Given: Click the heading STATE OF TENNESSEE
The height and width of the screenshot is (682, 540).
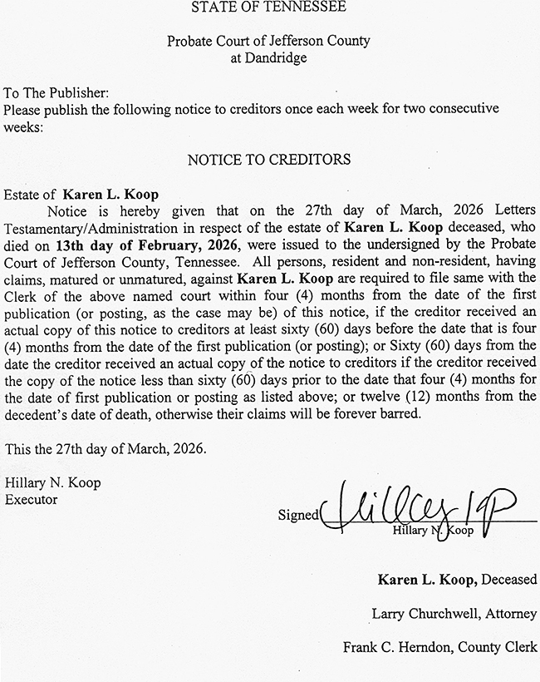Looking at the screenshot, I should tap(269, 8).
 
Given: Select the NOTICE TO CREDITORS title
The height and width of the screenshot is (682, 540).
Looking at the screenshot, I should tap(269, 159).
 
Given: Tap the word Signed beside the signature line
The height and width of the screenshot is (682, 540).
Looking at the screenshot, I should tap(298, 515).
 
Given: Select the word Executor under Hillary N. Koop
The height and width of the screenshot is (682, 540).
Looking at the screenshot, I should tap(31, 500).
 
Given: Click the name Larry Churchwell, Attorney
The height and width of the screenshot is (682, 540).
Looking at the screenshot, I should tap(454, 614).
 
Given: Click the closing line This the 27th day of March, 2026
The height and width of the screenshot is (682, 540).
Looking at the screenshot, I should tap(106, 449).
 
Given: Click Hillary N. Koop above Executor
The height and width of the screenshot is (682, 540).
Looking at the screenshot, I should tap(52, 483).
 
